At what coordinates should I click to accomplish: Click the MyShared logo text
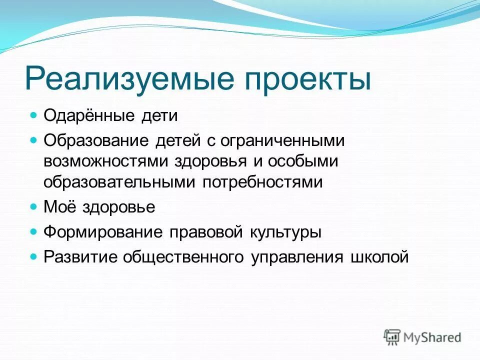coord(432,337)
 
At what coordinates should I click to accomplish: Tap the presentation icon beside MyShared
coord(392,336)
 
